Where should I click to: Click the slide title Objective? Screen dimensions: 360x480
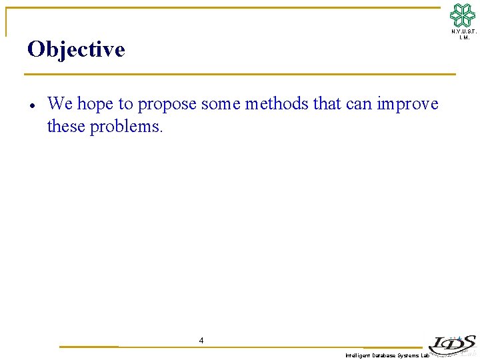point(76,49)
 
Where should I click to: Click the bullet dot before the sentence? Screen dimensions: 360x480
point(32,105)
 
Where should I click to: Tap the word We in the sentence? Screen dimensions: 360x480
point(60,104)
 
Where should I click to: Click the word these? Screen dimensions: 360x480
point(67,126)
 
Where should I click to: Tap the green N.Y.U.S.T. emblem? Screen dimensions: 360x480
point(463,15)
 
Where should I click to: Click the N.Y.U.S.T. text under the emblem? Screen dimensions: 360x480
point(463,31)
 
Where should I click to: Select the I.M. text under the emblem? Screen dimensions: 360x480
point(464,37)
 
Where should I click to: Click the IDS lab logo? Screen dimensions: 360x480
point(453,343)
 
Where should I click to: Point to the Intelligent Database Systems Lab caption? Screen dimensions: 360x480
point(387,356)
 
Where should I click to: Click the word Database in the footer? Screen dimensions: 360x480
point(383,356)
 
